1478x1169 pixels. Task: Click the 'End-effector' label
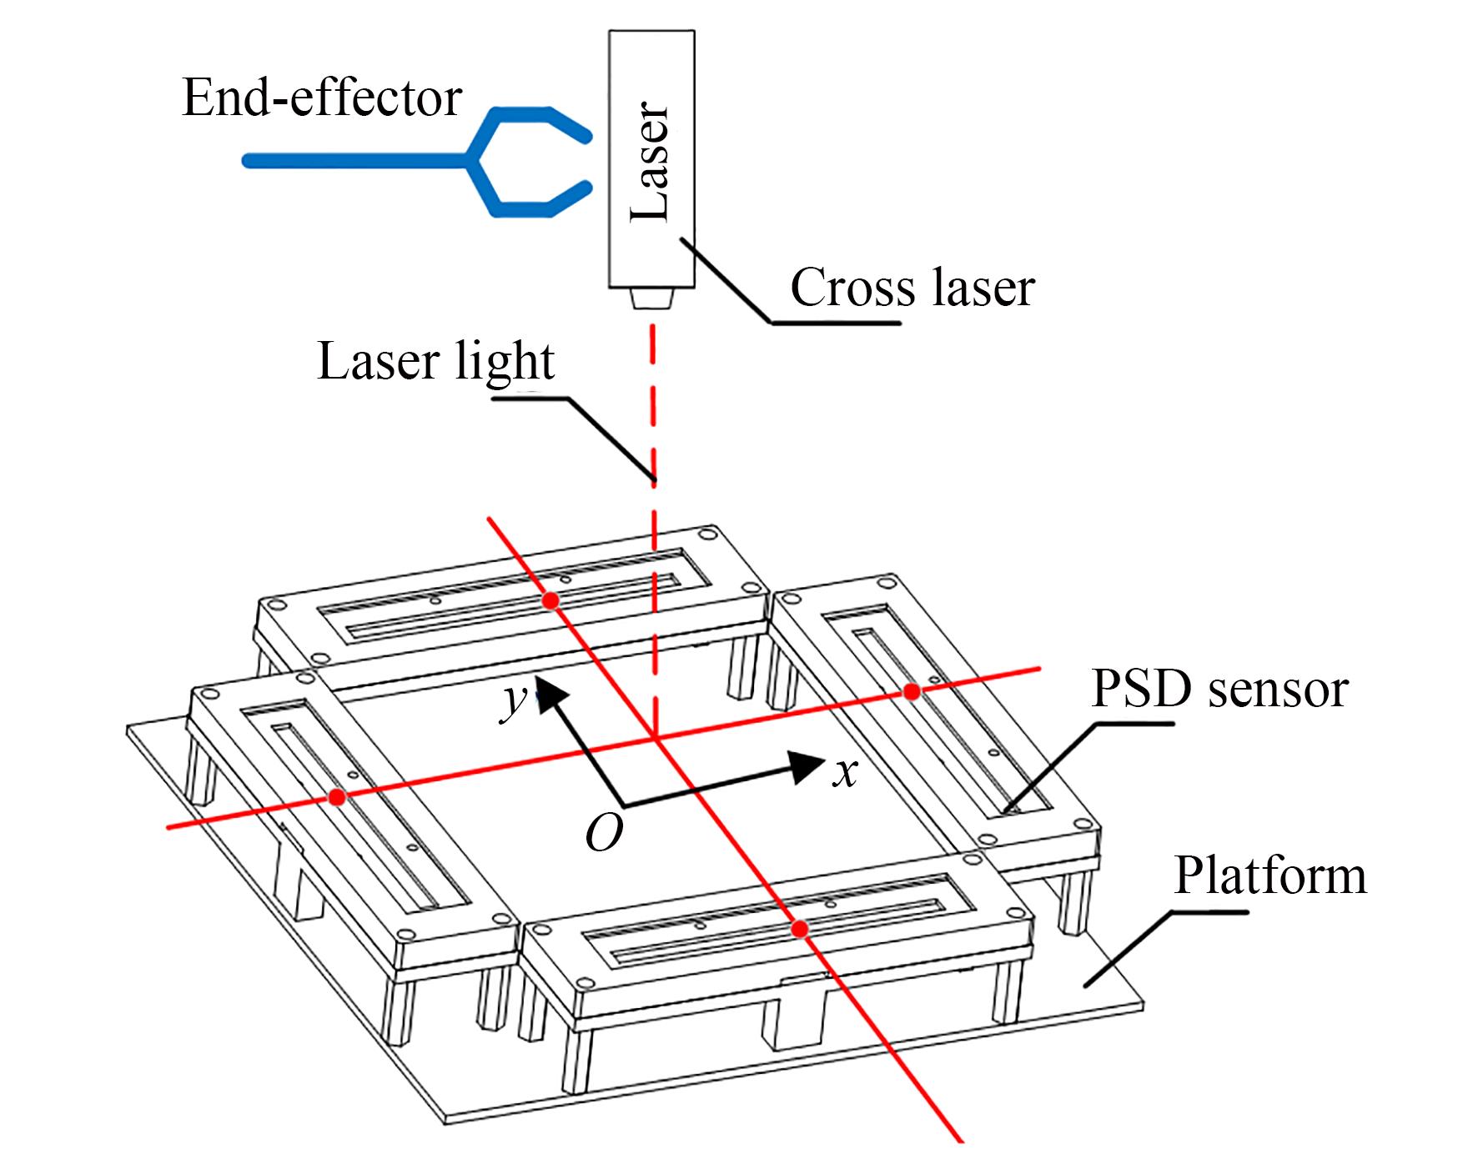(x=321, y=98)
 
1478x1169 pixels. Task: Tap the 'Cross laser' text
(x=912, y=288)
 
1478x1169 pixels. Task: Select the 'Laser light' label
(x=435, y=362)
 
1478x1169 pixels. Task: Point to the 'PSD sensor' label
(x=1219, y=690)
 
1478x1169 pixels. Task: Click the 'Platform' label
(x=1269, y=876)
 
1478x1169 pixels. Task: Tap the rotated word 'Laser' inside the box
(x=651, y=161)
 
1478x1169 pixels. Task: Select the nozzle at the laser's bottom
(x=651, y=299)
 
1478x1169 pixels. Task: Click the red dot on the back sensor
(x=550, y=600)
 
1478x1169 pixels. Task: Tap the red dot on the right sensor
(x=912, y=691)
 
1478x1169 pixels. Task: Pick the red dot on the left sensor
(x=337, y=798)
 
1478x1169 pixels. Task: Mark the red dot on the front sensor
(x=799, y=928)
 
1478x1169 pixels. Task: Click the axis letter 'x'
(x=846, y=773)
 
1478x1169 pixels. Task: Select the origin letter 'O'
(x=604, y=832)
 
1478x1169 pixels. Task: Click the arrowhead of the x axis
(x=807, y=765)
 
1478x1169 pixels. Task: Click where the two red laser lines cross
(x=655, y=737)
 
